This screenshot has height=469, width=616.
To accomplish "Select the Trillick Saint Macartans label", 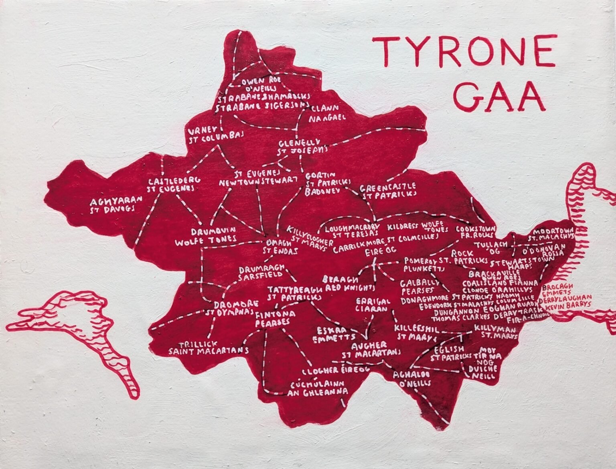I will (x=208, y=348).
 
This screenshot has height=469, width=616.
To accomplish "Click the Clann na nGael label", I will (x=327, y=113).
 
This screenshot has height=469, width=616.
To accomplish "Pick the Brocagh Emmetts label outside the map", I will (x=558, y=291).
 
